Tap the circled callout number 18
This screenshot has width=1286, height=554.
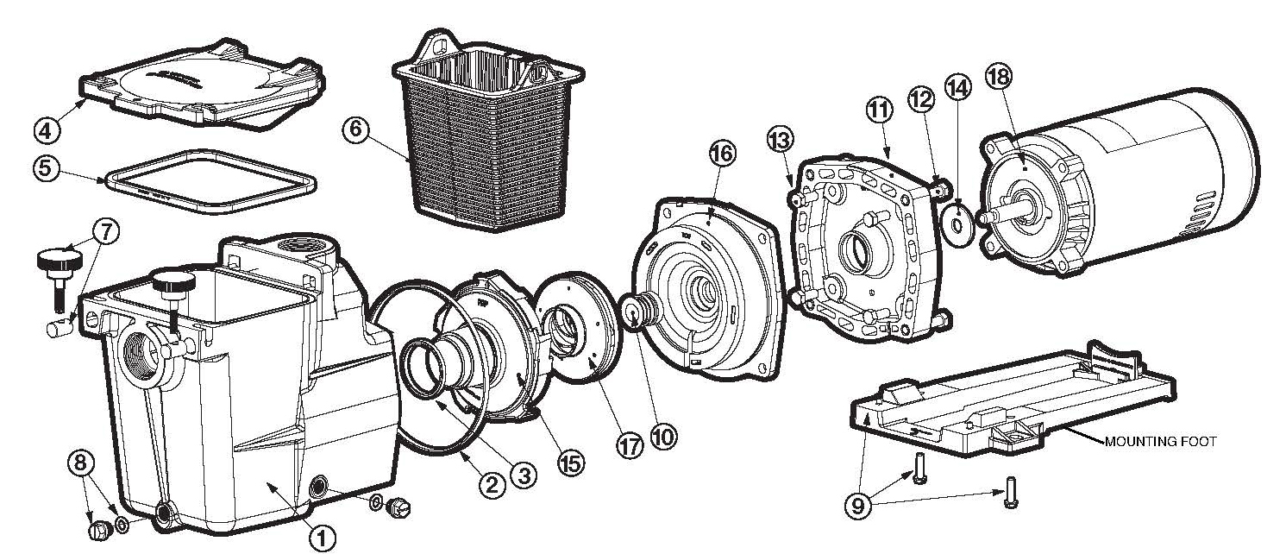1001,76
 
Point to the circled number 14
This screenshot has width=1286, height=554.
958,86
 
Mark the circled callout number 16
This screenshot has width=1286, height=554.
722,154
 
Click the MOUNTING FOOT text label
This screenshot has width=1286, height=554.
1161,442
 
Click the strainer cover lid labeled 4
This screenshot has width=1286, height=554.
203,86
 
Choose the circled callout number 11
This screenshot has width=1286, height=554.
878,110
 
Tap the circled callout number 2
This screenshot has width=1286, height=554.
492,485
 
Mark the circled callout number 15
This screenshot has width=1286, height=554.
570,463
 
